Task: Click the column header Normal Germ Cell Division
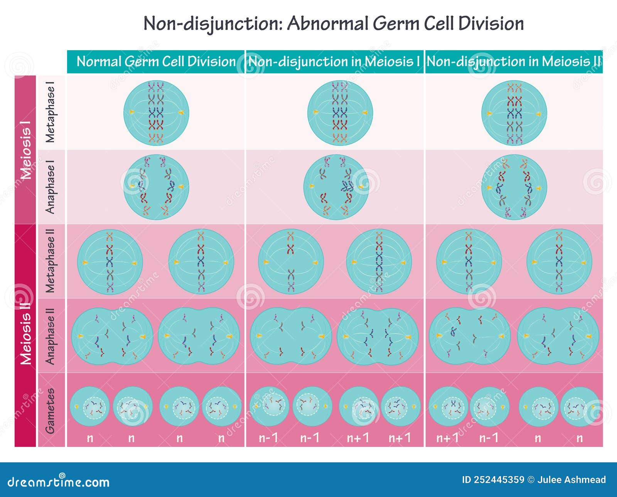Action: tap(156, 62)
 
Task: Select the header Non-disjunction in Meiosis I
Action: tap(334, 62)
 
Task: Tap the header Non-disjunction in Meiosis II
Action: tap(514, 62)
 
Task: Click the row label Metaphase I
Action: tap(51, 112)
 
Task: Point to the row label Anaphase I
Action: tap(51, 187)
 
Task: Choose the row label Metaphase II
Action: tap(51, 261)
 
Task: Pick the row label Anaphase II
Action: tap(51, 336)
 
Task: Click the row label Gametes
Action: tap(51, 410)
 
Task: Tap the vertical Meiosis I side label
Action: tap(25, 150)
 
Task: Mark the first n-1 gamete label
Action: tap(268, 438)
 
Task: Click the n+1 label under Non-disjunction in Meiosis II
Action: tap(448, 438)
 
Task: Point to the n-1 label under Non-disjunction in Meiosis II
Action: tap(489, 438)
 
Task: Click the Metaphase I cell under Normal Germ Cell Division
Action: tap(156, 113)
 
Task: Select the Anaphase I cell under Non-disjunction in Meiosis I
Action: tap(336, 187)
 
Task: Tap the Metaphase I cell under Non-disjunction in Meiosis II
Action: tap(514, 113)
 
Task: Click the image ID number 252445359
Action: tap(499, 480)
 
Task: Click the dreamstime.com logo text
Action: tap(59, 482)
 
